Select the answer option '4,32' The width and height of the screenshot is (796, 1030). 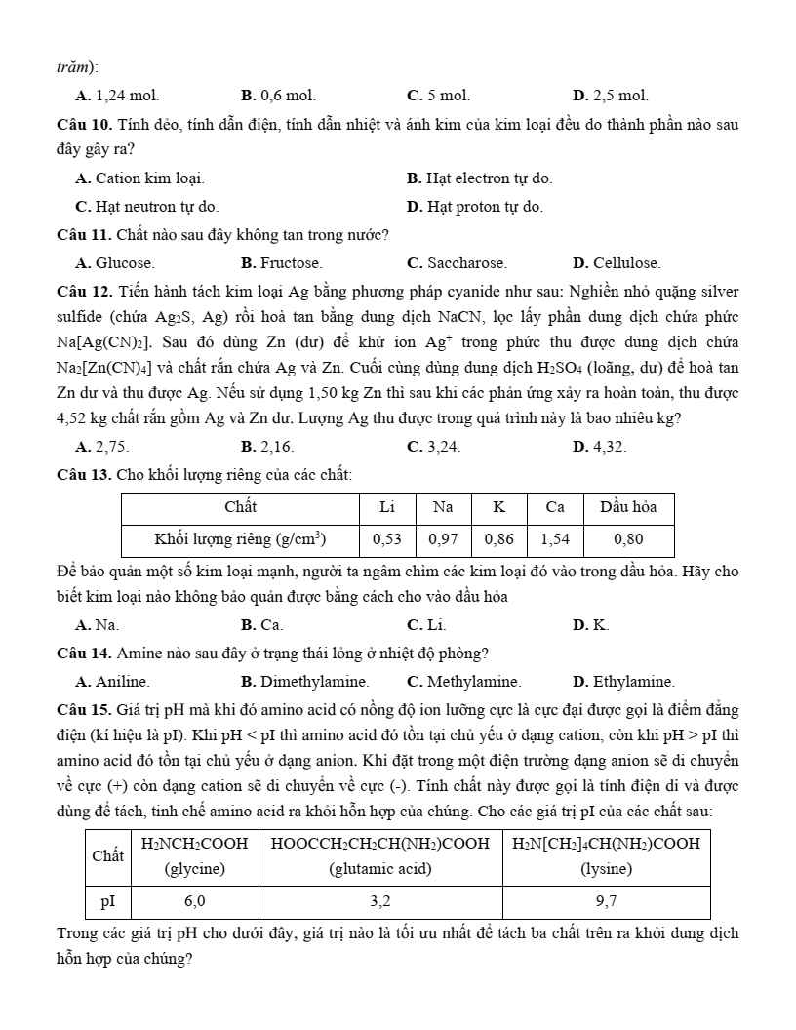[x=609, y=447]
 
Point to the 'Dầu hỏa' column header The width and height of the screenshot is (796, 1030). [x=628, y=507]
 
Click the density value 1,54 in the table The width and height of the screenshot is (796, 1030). [x=555, y=538]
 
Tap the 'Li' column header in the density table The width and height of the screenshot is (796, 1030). [x=387, y=507]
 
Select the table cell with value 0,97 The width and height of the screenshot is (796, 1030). [x=443, y=538]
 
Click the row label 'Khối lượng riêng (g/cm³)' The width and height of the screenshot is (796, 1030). [x=240, y=538]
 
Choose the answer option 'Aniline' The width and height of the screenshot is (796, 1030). [x=121, y=682]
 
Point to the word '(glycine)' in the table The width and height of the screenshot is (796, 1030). [x=195, y=867]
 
